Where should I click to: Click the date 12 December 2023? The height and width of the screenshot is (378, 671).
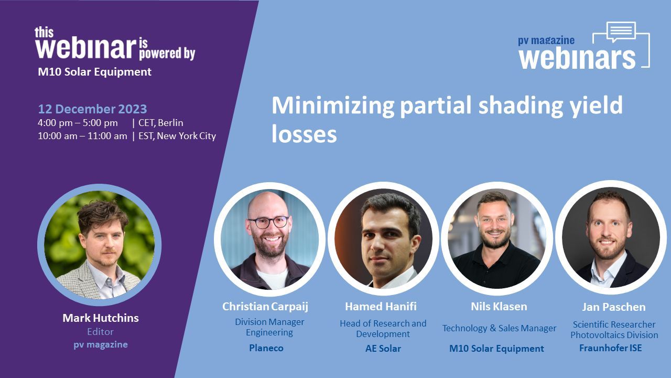[x=92, y=109]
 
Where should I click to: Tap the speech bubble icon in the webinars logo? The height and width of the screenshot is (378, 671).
[x=621, y=31]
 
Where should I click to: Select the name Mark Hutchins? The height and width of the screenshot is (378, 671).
[x=101, y=318]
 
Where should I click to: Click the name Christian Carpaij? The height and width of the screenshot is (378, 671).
[x=265, y=307]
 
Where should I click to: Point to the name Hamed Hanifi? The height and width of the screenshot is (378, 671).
[x=381, y=306]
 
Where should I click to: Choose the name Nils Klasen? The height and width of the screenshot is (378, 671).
[x=499, y=306]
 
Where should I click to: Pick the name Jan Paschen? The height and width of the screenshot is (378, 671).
[x=614, y=307]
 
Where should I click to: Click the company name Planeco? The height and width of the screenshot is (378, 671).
[x=266, y=348]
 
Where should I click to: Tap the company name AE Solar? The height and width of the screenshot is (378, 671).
[x=383, y=349]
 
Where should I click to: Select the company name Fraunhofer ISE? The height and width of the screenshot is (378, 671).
[x=611, y=348]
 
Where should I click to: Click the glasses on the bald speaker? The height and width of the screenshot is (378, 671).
[x=269, y=222]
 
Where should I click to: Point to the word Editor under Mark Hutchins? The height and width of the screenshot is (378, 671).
[x=100, y=332]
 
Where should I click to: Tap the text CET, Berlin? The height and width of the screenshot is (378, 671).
[x=161, y=123]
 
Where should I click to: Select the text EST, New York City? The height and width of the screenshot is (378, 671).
[x=177, y=136]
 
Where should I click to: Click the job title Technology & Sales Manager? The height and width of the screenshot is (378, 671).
[x=500, y=328]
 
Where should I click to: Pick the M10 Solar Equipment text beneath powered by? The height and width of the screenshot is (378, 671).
[x=95, y=72]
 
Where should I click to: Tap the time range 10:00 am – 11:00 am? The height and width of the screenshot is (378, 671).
[x=82, y=136]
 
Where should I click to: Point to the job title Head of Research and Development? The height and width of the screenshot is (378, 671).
[x=383, y=329]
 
